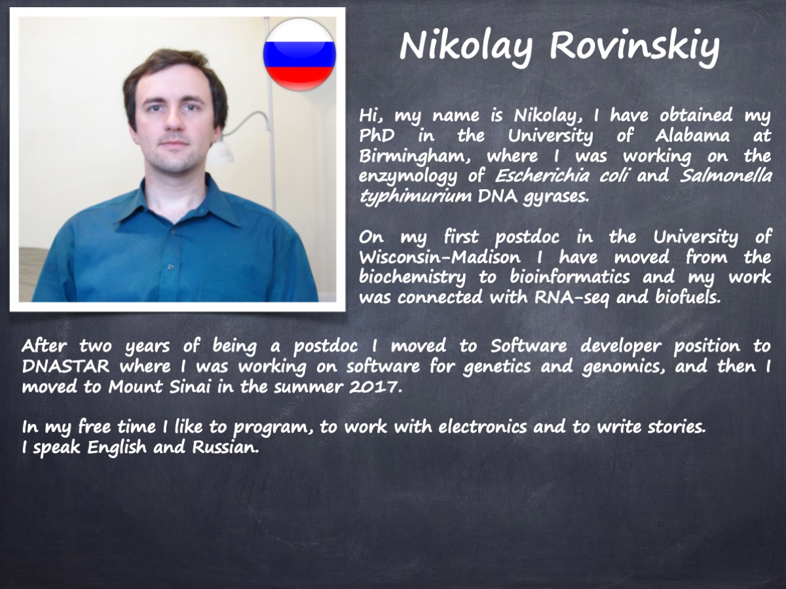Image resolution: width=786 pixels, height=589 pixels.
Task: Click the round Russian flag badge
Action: click(x=299, y=54)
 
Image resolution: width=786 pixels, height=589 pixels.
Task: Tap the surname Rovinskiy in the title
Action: click(x=634, y=47)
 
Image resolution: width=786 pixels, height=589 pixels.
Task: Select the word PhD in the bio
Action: click(x=377, y=135)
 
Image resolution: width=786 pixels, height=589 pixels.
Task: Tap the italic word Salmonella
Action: click(x=726, y=176)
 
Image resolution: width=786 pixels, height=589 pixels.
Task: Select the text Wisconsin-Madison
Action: click(x=440, y=257)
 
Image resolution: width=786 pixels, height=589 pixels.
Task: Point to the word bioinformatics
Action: click(x=569, y=277)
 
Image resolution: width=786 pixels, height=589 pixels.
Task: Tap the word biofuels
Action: click(x=688, y=298)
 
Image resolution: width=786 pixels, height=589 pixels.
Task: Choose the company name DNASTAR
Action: click(x=65, y=366)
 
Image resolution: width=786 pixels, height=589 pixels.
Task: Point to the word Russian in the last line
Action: click(x=225, y=447)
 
